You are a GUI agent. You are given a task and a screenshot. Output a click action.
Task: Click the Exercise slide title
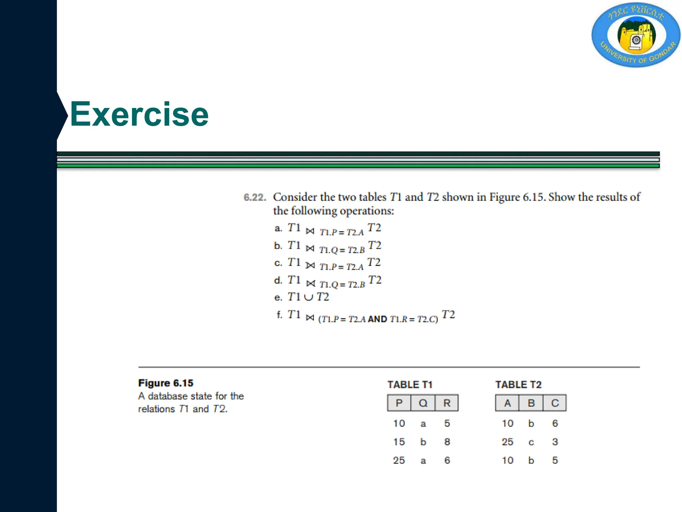click(139, 114)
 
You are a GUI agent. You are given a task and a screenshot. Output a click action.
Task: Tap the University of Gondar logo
click(636, 35)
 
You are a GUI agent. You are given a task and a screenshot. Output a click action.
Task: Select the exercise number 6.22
click(255, 197)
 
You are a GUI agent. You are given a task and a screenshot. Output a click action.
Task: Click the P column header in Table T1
click(399, 403)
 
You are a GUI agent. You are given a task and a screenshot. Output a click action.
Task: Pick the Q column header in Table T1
click(423, 403)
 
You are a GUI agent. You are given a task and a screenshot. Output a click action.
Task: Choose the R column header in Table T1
click(447, 403)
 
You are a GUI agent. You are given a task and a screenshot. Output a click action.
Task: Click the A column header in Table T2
click(507, 403)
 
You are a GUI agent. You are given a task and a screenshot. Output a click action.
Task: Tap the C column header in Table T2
click(555, 403)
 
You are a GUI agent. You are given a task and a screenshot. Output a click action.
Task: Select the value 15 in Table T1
click(399, 442)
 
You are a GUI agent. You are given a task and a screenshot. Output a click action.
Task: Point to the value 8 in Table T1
click(447, 442)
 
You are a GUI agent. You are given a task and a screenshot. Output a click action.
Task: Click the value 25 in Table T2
click(508, 442)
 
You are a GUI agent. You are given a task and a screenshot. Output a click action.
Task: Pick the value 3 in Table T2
click(555, 442)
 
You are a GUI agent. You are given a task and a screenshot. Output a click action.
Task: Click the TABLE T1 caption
click(410, 385)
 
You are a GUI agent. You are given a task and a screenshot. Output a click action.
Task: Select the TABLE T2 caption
click(518, 385)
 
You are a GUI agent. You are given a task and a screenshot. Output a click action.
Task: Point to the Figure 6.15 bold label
click(166, 383)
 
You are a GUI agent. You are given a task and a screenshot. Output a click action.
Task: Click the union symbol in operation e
click(309, 297)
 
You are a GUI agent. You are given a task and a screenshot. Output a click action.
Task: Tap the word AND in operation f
click(377, 319)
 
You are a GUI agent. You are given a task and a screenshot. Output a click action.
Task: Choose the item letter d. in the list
click(278, 280)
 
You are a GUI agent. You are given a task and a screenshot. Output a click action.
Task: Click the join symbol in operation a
click(310, 231)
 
